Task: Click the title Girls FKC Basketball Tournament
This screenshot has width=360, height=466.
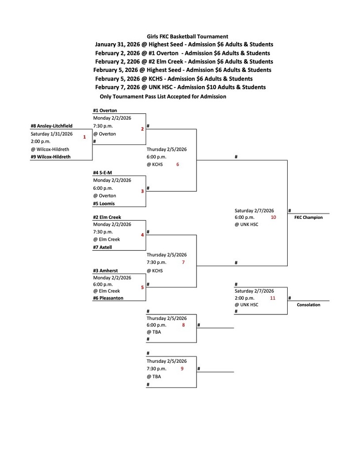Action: pos(188,36)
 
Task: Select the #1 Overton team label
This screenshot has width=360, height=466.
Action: pos(105,111)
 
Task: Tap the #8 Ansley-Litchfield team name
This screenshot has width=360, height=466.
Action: pos(51,126)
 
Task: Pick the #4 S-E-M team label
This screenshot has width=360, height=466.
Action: pos(102,173)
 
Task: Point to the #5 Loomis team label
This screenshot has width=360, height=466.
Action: pos(104,204)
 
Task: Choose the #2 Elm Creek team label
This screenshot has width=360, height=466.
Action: pos(107,218)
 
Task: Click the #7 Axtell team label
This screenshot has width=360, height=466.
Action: pos(102,248)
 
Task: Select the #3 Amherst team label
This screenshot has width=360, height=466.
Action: pos(105,271)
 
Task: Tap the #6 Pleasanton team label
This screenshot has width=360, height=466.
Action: pos(108,298)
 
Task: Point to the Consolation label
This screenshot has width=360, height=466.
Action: pos(309,305)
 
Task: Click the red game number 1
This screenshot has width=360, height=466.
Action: pos(84,137)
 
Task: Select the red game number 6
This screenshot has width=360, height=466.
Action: pos(177,164)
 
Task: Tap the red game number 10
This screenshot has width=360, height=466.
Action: pos(273,218)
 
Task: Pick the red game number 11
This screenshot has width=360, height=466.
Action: pos(273,298)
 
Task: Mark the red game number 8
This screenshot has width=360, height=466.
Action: pos(183,325)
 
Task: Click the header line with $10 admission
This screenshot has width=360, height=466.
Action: pos(181,87)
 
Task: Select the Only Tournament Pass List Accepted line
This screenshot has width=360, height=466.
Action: pos(163,96)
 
